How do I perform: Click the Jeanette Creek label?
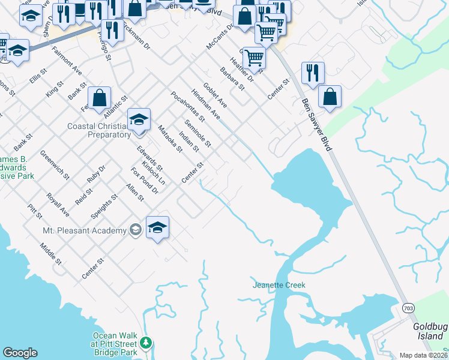click(279, 285)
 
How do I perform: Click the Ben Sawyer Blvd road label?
click(316, 124)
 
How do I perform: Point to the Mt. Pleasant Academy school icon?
click(157, 227)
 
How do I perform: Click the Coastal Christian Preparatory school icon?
click(139, 119)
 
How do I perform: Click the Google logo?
click(20, 353)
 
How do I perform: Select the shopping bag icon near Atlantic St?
click(100, 98)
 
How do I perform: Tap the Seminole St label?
click(197, 133)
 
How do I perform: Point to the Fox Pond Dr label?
click(144, 181)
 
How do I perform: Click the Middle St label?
click(50, 254)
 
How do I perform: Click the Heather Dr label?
click(242, 70)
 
